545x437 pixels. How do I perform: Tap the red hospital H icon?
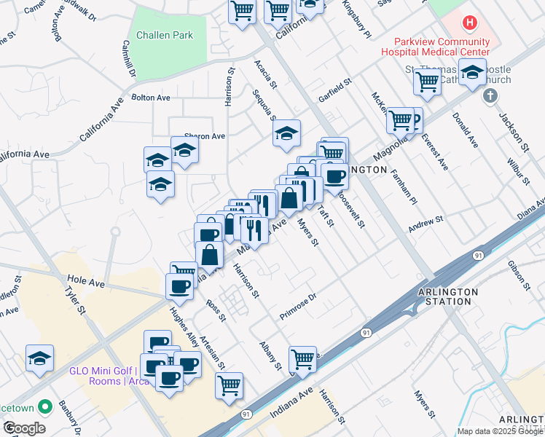470,22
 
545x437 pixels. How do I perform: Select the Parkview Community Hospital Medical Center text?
437,47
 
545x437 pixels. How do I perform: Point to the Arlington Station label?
448,296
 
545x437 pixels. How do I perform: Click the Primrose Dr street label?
299,307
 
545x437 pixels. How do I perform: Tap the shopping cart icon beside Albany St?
302,358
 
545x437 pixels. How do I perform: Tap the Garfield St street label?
334,91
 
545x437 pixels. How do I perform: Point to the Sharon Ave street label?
205,135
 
